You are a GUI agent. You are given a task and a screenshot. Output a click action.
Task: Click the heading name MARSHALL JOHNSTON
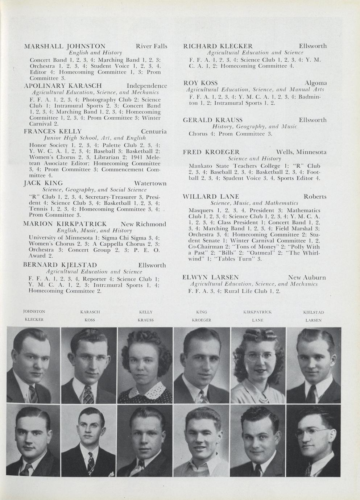click(x=65, y=46)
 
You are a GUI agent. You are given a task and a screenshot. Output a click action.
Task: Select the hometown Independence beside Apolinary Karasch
click(x=147, y=86)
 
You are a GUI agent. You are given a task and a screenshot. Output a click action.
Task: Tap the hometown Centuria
click(x=154, y=131)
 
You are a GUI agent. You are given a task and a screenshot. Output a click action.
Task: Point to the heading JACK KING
click(x=43, y=183)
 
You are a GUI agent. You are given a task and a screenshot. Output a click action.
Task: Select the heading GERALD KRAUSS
click(x=213, y=120)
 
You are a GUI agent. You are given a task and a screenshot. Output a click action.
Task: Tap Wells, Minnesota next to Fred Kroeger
click(x=301, y=152)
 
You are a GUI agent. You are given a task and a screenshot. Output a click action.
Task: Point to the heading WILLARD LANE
click(x=211, y=197)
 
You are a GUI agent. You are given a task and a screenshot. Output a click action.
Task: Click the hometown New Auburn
click(x=307, y=278)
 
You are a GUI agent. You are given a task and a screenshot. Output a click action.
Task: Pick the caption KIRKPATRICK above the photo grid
click(x=257, y=312)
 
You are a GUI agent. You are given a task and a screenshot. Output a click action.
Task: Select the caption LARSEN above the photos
click(x=313, y=320)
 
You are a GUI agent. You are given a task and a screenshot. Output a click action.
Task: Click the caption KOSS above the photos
click(x=90, y=320)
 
